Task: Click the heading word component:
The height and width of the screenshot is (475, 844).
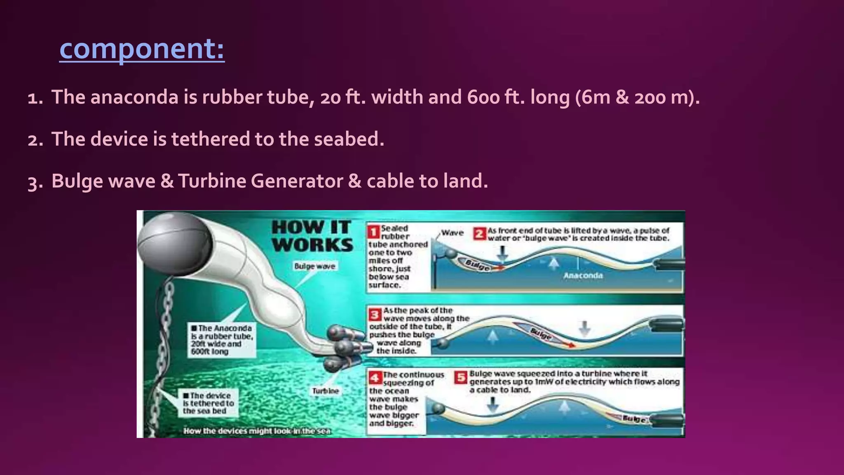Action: pyautogui.click(x=142, y=49)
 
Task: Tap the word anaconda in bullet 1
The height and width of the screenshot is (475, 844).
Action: pyautogui.click(x=135, y=97)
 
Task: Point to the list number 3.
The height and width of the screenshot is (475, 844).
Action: pyautogui.click(x=35, y=182)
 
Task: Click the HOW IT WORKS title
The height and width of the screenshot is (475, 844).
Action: pyautogui.click(x=312, y=236)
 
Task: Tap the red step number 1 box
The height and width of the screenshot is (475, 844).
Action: pyautogui.click(x=374, y=232)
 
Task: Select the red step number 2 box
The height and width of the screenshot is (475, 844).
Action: pyautogui.click(x=479, y=234)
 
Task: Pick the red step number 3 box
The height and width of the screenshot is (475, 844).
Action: pyautogui.click(x=375, y=315)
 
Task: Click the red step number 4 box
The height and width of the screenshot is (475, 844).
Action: pyautogui.click(x=375, y=377)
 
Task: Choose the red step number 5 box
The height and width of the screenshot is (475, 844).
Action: pyautogui.click(x=461, y=377)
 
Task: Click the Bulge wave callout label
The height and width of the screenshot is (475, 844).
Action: pyautogui.click(x=315, y=266)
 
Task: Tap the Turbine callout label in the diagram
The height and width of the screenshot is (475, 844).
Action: pyautogui.click(x=325, y=391)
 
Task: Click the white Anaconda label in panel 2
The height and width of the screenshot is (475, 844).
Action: pyautogui.click(x=583, y=275)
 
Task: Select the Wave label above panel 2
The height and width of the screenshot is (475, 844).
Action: pyautogui.click(x=452, y=233)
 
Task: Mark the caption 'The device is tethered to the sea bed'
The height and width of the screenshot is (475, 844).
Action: pyautogui.click(x=208, y=403)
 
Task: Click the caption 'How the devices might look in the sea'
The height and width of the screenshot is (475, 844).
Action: pyautogui.click(x=257, y=431)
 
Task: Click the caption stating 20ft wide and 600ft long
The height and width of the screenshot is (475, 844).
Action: pyautogui.click(x=222, y=340)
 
